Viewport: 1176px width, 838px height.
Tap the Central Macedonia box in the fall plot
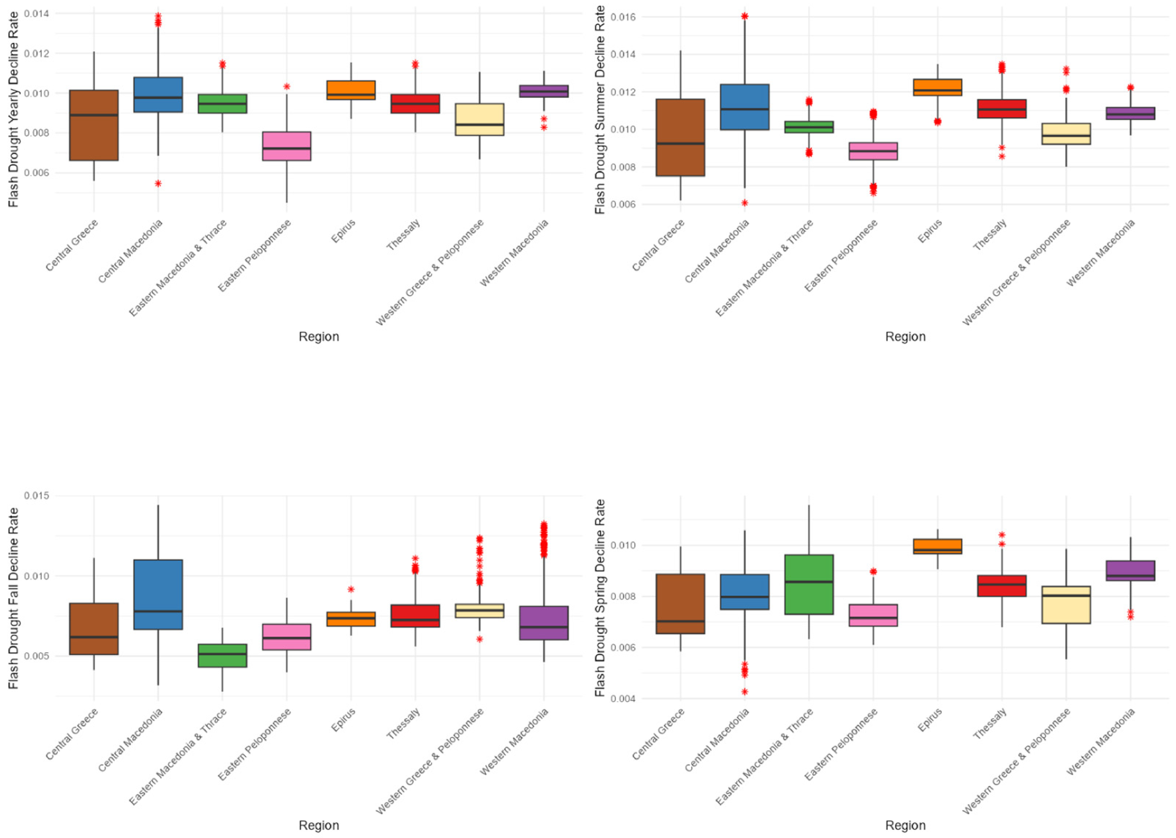click(158, 594)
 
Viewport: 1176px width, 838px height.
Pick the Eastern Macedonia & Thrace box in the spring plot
click(808, 584)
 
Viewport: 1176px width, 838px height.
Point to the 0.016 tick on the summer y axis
click(623, 17)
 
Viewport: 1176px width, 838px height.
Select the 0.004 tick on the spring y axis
click(623, 699)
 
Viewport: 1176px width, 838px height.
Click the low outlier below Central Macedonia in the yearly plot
click(158, 183)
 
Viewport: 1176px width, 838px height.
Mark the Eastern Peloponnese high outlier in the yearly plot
click(286, 86)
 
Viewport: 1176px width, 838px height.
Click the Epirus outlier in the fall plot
click(351, 589)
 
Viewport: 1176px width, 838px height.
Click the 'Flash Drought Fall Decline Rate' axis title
click(14, 598)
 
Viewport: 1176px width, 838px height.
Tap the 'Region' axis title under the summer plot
click(905, 337)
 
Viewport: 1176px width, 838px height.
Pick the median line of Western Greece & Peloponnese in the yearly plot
click(479, 124)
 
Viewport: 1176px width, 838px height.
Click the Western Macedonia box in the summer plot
click(1131, 113)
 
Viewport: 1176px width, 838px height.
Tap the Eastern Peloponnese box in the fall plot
click(286, 637)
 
